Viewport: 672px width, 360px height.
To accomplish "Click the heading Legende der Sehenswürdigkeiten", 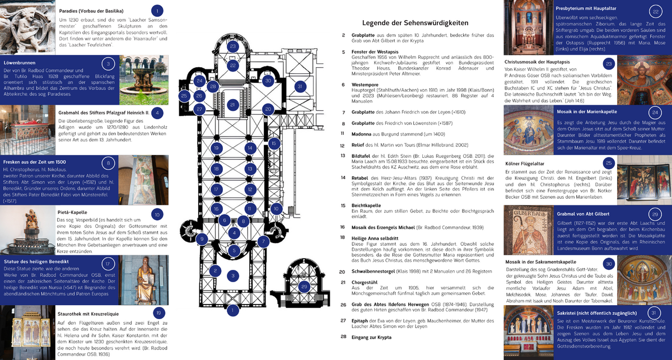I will [x=415, y=23].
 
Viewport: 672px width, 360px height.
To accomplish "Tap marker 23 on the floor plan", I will [x=232, y=46].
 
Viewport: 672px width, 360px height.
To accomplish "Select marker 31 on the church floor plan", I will [x=300, y=86].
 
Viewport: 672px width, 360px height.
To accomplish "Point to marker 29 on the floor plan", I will [x=304, y=287].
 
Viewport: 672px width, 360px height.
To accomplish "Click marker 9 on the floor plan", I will [x=202, y=239].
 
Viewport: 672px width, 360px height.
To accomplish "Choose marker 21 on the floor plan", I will [x=232, y=104].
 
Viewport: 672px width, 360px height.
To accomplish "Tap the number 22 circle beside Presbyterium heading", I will [x=656, y=12].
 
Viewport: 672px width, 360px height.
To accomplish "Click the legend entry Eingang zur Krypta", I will [x=370, y=337].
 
